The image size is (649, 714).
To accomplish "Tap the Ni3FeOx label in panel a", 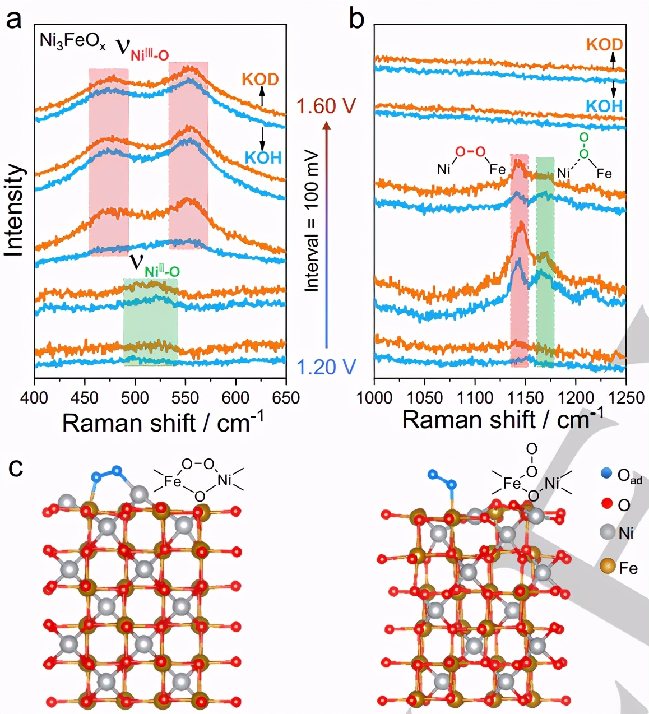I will click(72, 43).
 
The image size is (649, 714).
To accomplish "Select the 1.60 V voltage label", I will click(327, 106).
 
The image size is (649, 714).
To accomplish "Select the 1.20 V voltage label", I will click(326, 367).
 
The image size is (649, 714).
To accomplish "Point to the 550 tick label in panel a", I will click(185, 398).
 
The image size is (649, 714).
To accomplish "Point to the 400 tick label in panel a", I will click(35, 398).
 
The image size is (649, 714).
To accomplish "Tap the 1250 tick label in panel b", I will click(625, 398).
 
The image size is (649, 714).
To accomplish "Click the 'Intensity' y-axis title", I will click(15, 211).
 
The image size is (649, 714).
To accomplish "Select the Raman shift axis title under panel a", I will click(163, 423).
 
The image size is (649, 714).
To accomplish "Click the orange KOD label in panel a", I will click(260, 79).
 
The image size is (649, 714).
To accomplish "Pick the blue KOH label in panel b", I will click(604, 106).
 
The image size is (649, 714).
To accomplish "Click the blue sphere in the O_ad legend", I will click(606, 475).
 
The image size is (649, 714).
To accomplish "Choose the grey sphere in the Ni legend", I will click(608, 532).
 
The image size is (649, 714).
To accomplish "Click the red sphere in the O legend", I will click(606, 504).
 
